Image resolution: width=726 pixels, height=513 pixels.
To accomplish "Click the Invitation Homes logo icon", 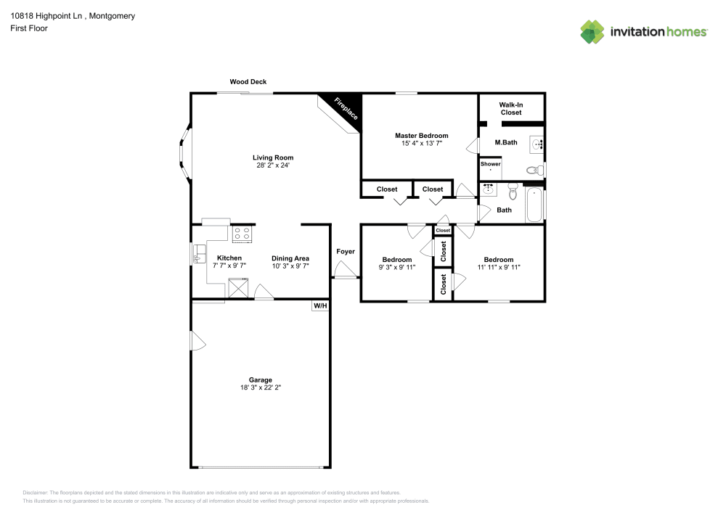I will pos(592,31).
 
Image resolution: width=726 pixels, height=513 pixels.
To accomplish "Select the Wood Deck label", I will pos(248,82).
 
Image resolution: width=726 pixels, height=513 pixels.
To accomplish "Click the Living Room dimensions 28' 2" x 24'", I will pos(273,165).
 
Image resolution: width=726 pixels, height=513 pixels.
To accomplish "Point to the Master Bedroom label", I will pos(421,136).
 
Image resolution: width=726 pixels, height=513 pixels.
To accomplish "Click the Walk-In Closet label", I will pos(510,109).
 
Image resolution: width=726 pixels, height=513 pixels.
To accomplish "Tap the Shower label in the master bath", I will pos(491,164).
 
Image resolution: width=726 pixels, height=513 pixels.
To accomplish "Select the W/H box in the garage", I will pos(320,306).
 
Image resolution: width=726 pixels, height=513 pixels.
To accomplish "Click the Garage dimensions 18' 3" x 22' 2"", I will pos(261,388).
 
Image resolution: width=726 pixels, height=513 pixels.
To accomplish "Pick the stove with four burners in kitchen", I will pos(242,234).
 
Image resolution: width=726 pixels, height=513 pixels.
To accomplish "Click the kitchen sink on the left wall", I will pos(199,253).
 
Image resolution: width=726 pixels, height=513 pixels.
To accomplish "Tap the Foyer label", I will pos(346,252).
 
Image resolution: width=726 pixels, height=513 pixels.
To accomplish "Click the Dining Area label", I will pos(290,258).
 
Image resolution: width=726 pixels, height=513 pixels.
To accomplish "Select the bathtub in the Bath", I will pos(534,205).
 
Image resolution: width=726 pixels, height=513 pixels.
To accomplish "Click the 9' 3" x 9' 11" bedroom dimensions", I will pos(397,268).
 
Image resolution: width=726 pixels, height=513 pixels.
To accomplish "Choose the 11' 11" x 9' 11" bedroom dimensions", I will pos(499,268).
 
